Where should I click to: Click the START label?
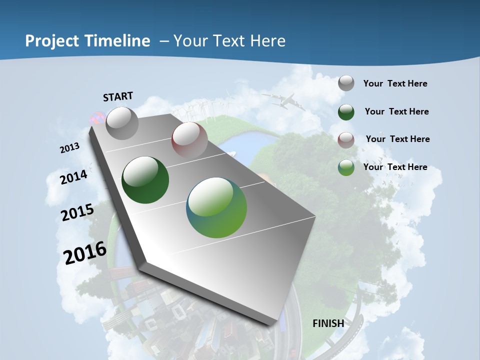point(118,96)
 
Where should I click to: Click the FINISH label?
point(328,323)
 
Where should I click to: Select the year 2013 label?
point(70,148)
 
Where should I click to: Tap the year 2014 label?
point(74,177)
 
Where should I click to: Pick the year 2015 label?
point(77,212)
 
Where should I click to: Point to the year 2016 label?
point(85,253)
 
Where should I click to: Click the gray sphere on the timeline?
point(122,123)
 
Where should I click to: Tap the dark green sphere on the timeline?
point(145,180)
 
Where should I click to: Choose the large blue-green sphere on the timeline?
point(216,207)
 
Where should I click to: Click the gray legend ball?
point(346,83)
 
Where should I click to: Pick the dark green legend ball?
point(346,111)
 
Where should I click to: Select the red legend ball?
point(346,139)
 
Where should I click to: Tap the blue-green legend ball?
point(346,167)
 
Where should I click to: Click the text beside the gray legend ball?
point(395,83)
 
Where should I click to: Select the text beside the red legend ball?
point(397,139)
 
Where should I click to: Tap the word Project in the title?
point(51,41)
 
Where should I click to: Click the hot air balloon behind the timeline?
point(96,119)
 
